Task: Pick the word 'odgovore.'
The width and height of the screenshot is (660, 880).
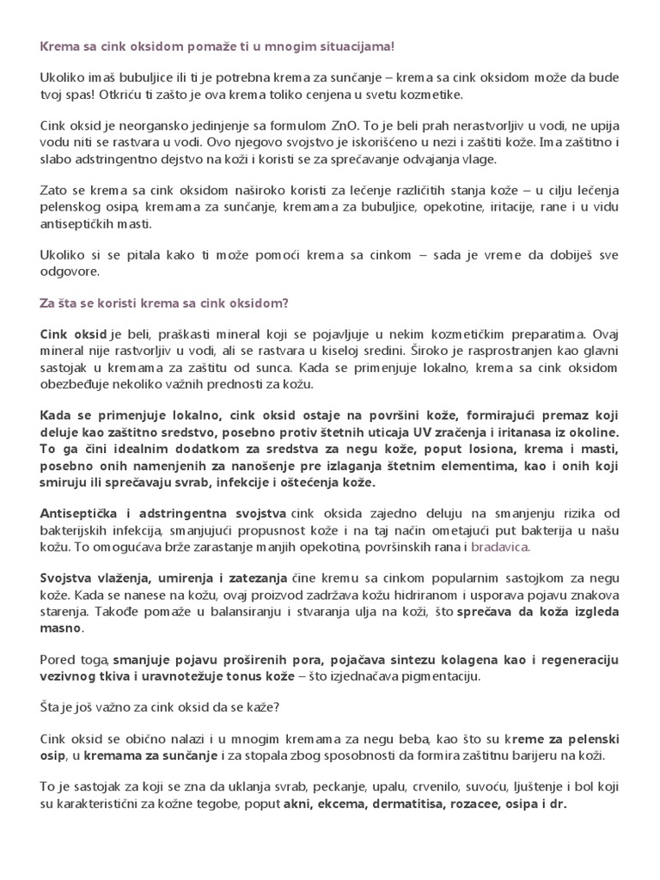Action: click(x=70, y=272)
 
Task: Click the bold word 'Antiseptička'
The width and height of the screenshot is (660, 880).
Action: click(x=81, y=513)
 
